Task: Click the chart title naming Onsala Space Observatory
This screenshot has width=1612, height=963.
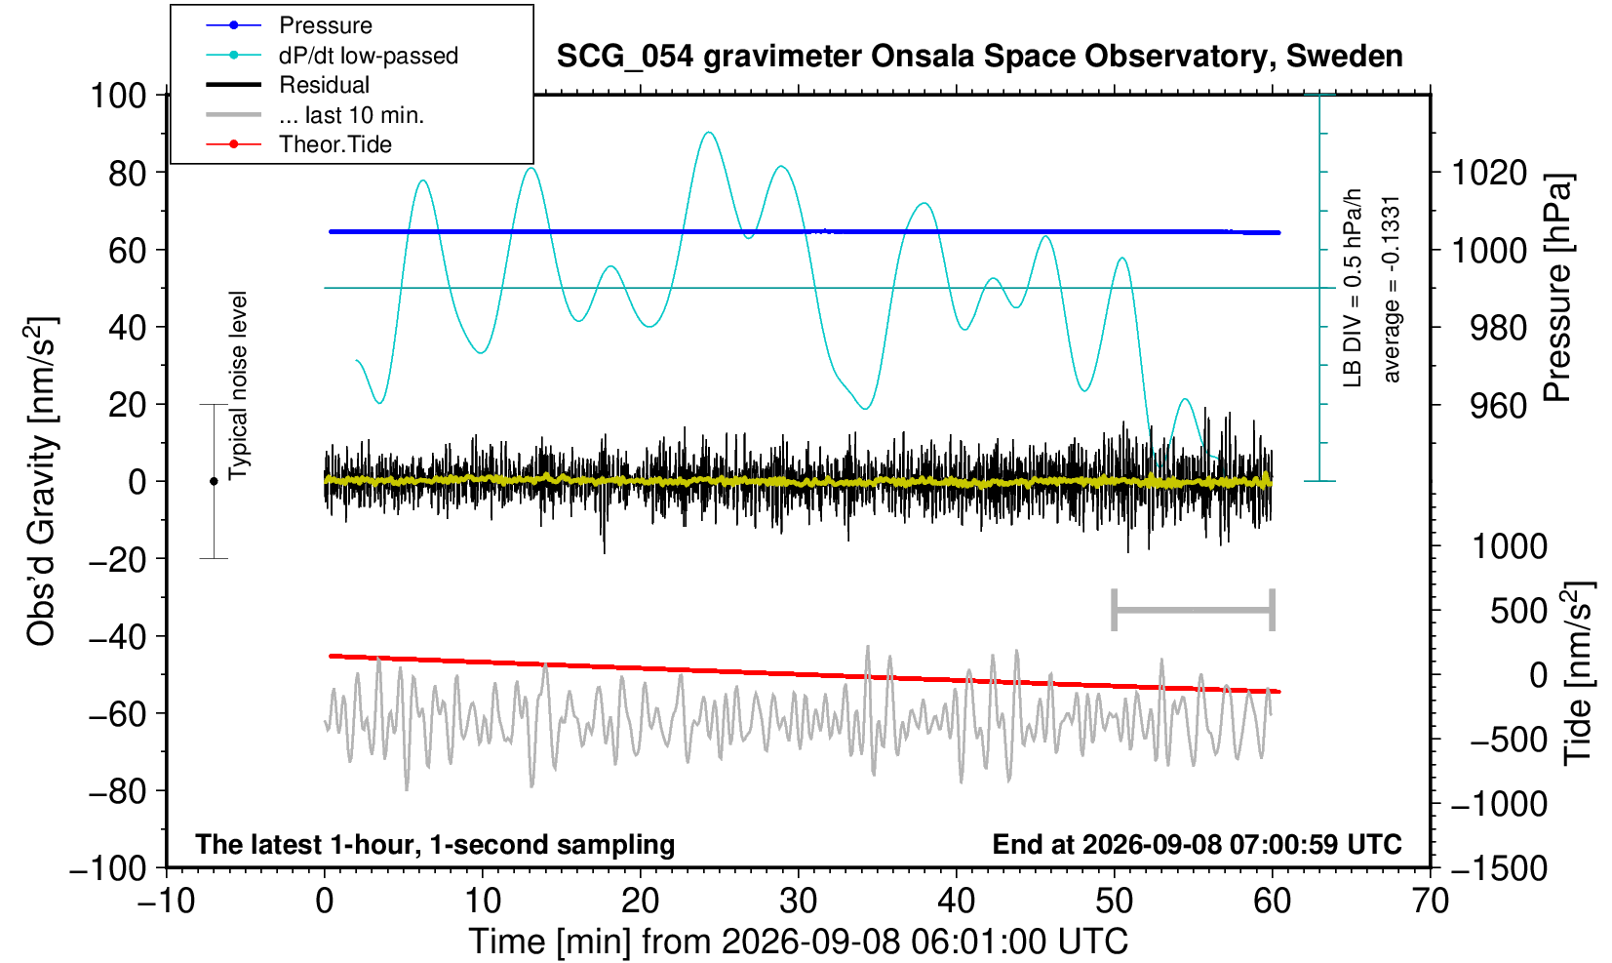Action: pos(979,57)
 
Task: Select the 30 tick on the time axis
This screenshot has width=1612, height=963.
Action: pos(798,902)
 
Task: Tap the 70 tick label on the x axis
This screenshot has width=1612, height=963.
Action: pos(1430,902)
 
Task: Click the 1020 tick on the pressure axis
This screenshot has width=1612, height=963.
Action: pos(1489,173)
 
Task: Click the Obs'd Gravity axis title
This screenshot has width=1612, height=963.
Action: pos(41,481)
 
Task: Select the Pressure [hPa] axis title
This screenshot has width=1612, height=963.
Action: pos(1559,288)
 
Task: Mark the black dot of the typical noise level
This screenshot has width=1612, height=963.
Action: pos(214,481)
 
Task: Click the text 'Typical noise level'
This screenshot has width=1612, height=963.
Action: pos(238,385)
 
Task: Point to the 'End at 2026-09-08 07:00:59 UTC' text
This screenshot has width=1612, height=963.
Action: pos(1197,844)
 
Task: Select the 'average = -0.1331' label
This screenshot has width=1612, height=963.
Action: pos(1392,289)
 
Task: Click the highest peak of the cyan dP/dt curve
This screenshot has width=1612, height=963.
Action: pos(710,132)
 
